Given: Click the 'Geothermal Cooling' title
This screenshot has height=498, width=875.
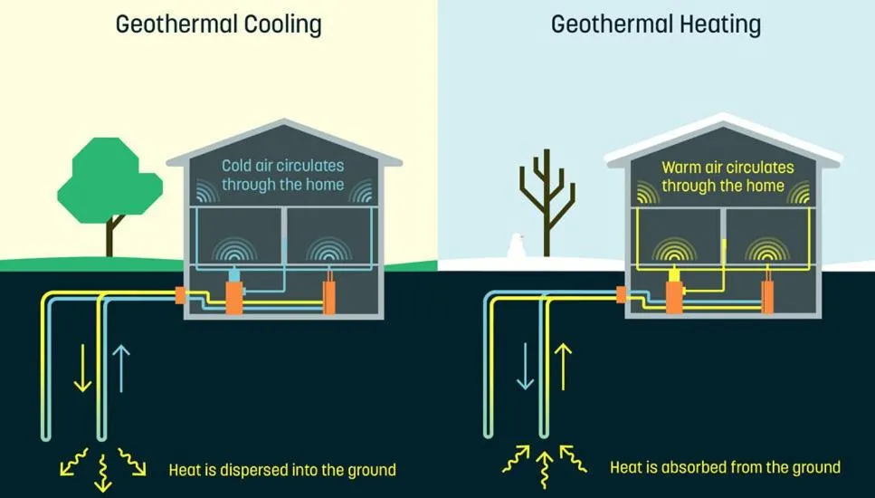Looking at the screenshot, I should tap(218, 24).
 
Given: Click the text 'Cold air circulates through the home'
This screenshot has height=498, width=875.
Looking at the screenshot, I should tap(283, 175).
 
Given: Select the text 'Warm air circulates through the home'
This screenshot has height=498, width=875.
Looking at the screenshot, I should tap(728, 177).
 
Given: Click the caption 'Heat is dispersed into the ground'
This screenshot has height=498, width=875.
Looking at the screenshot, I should tap(282, 470).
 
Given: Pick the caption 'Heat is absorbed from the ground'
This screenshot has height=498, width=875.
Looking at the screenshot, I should tap(725, 468).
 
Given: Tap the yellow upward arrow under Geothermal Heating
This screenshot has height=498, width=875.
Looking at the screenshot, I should tap(565, 367).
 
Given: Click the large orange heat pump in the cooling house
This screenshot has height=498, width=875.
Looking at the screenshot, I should tap(234, 295).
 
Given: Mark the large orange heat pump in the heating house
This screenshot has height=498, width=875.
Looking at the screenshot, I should tap(674, 295).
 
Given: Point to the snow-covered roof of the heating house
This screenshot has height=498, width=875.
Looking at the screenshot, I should tap(724, 136).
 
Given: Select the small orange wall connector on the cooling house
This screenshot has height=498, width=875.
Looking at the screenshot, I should tap(179, 294).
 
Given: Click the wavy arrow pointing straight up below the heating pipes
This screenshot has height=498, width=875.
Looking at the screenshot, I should tap(544, 469).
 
